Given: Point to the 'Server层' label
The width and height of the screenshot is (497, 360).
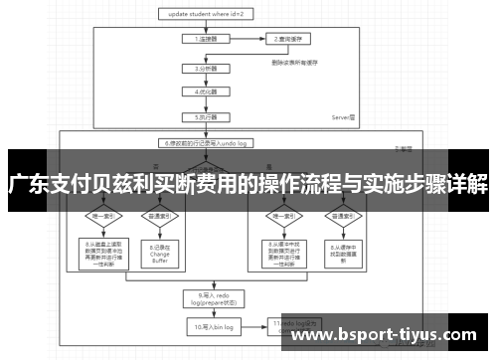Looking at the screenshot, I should click(344, 116).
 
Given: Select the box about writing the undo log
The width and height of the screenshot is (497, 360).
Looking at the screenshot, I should click(206, 141).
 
